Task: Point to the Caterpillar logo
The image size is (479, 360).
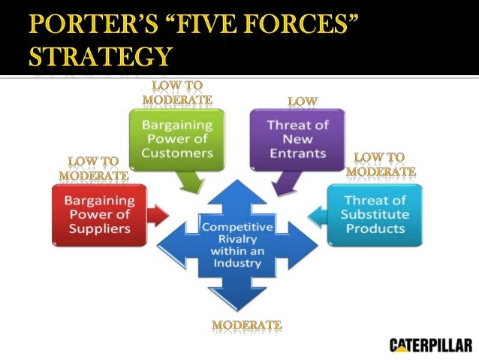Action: pos(430,346)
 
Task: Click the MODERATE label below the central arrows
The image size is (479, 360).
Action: pos(246,325)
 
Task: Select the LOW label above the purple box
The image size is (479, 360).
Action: pos(303,101)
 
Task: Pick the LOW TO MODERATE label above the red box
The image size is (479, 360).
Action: pos(94,168)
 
